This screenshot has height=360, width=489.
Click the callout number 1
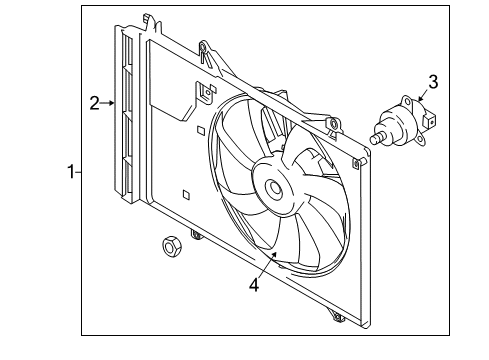tap(71, 172)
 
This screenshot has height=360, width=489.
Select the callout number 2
tap(95, 103)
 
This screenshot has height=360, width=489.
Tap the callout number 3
tap(433, 82)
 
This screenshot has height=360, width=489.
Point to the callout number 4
tap(254, 285)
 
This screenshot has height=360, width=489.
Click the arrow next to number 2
tap(107, 103)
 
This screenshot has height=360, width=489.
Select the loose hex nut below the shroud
tap(172, 246)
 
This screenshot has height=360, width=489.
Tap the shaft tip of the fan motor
tap(375, 139)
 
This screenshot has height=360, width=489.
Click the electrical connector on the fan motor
tap(429, 120)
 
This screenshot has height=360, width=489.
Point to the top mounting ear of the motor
tap(406, 101)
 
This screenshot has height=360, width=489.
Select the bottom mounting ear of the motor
tap(420, 140)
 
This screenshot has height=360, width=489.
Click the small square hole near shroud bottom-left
tap(186, 195)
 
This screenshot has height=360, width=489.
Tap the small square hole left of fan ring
tap(201, 130)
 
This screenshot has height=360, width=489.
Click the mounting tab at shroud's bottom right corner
tap(337, 316)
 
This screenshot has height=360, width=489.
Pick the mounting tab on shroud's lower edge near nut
tap(196, 235)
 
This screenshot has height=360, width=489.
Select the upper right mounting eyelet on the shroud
tap(334, 125)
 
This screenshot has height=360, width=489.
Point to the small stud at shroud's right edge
tap(359, 163)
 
